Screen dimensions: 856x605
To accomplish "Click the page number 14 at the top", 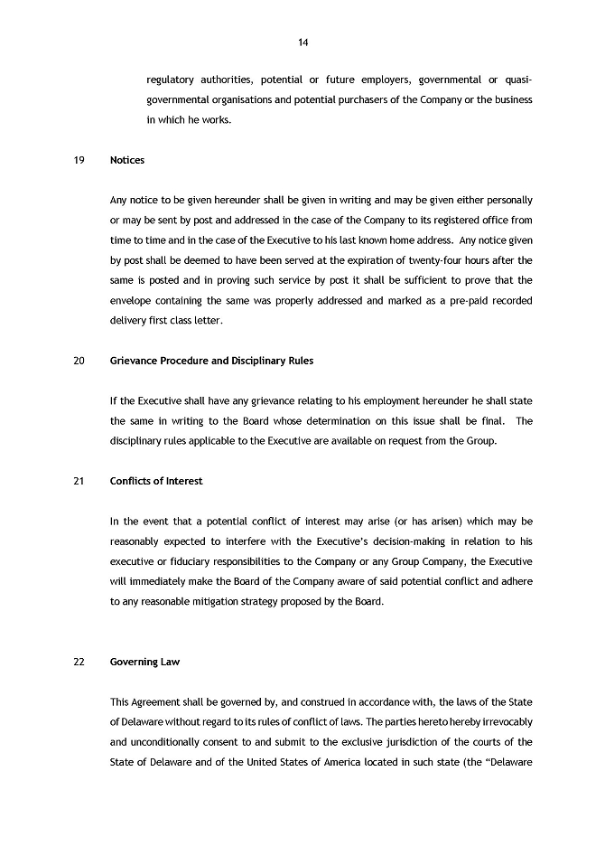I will tap(302, 42).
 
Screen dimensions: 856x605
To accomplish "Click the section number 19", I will tap(79, 160).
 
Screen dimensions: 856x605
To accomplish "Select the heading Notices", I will tap(127, 160).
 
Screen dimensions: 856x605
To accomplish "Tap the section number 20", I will tap(79, 361).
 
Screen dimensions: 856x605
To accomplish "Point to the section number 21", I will tap(79, 481).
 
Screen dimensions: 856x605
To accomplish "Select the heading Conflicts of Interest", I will tap(156, 481).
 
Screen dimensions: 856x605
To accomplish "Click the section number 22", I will tap(79, 662).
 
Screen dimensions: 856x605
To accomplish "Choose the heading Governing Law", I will tap(145, 662).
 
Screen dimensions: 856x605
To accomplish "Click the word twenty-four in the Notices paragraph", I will tap(408, 259).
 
